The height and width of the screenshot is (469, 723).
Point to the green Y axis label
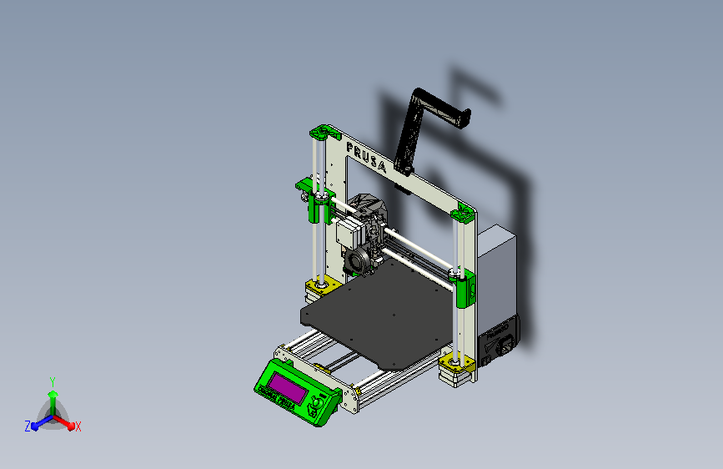(x=52, y=381)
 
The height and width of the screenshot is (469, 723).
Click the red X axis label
(x=78, y=426)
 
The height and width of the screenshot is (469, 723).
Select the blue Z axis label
(x=28, y=426)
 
